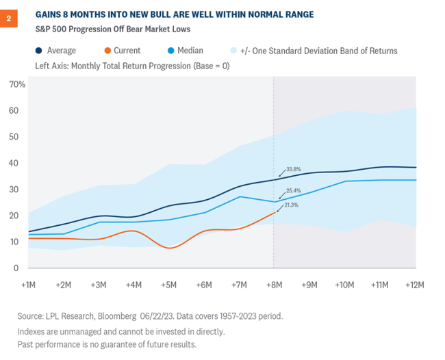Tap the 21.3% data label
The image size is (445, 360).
[x=291, y=205]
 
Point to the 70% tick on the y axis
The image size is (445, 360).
[x=17, y=84]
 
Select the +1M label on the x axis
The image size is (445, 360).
[x=29, y=283]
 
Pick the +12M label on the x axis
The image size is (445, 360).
[x=414, y=283]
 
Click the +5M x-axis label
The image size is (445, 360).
[x=169, y=283]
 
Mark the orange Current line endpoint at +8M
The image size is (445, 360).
[x=274, y=212]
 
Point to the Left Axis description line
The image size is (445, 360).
[x=123, y=66]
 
